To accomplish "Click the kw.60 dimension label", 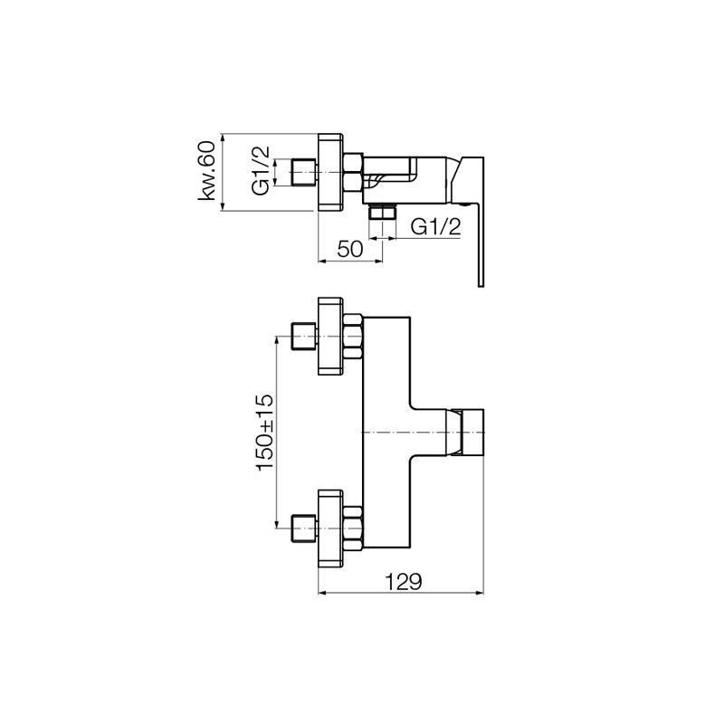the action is [x=207, y=171].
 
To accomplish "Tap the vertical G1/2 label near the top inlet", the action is [x=261, y=171].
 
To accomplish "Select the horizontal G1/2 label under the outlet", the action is [x=436, y=227].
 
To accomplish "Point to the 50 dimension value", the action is [x=350, y=250].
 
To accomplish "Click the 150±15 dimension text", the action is [x=266, y=432].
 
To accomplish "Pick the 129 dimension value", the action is [x=404, y=582].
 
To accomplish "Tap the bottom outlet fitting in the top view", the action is [x=382, y=213].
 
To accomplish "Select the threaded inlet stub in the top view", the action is [x=304, y=173].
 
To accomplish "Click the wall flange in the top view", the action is [x=330, y=172].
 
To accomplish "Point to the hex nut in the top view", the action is [x=353, y=172].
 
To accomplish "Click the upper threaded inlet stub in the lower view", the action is [x=304, y=336].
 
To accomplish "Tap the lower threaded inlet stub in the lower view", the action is [x=304, y=528].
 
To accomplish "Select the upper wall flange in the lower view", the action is [x=330, y=336].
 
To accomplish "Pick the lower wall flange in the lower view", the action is [x=330, y=528].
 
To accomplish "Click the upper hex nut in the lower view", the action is [x=353, y=336].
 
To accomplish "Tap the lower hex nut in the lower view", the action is [x=353, y=528].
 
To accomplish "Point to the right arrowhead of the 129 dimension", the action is [x=481, y=593].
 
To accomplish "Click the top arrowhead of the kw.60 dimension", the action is [x=223, y=138].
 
